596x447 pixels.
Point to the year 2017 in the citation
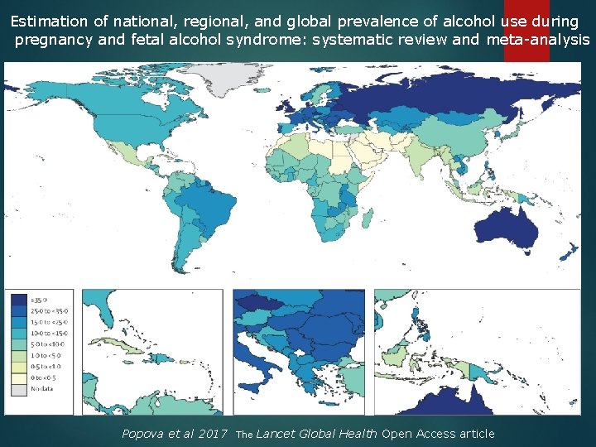(213, 434)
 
